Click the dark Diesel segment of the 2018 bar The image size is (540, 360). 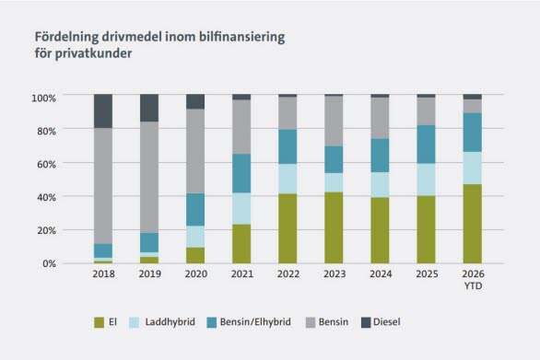[x=103, y=111]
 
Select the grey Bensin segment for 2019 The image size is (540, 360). [x=149, y=177]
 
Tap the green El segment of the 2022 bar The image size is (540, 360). [x=288, y=228]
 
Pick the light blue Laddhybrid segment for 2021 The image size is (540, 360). [x=241, y=209]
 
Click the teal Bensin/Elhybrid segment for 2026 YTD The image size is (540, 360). [x=473, y=133]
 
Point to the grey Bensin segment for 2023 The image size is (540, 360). [x=335, y=122]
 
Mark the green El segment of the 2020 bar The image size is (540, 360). [x=195, y=255]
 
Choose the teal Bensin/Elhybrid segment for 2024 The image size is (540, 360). [x=381, y=156]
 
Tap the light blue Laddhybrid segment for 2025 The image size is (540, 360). [x=427, y=180]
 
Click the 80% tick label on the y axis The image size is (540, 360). [x=46, y=131]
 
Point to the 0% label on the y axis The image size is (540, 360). [x=49, y=263]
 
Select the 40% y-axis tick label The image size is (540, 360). [x=46, y=198]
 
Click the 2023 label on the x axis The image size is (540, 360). [x=335, y=274]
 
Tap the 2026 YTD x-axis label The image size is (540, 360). [x=473, y=280]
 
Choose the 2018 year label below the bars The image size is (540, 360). [x=103, y=274]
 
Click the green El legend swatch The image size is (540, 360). [x=100, y=322]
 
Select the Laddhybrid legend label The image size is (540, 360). [x=170, y=322]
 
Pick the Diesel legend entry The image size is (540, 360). [x=381, y=322]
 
